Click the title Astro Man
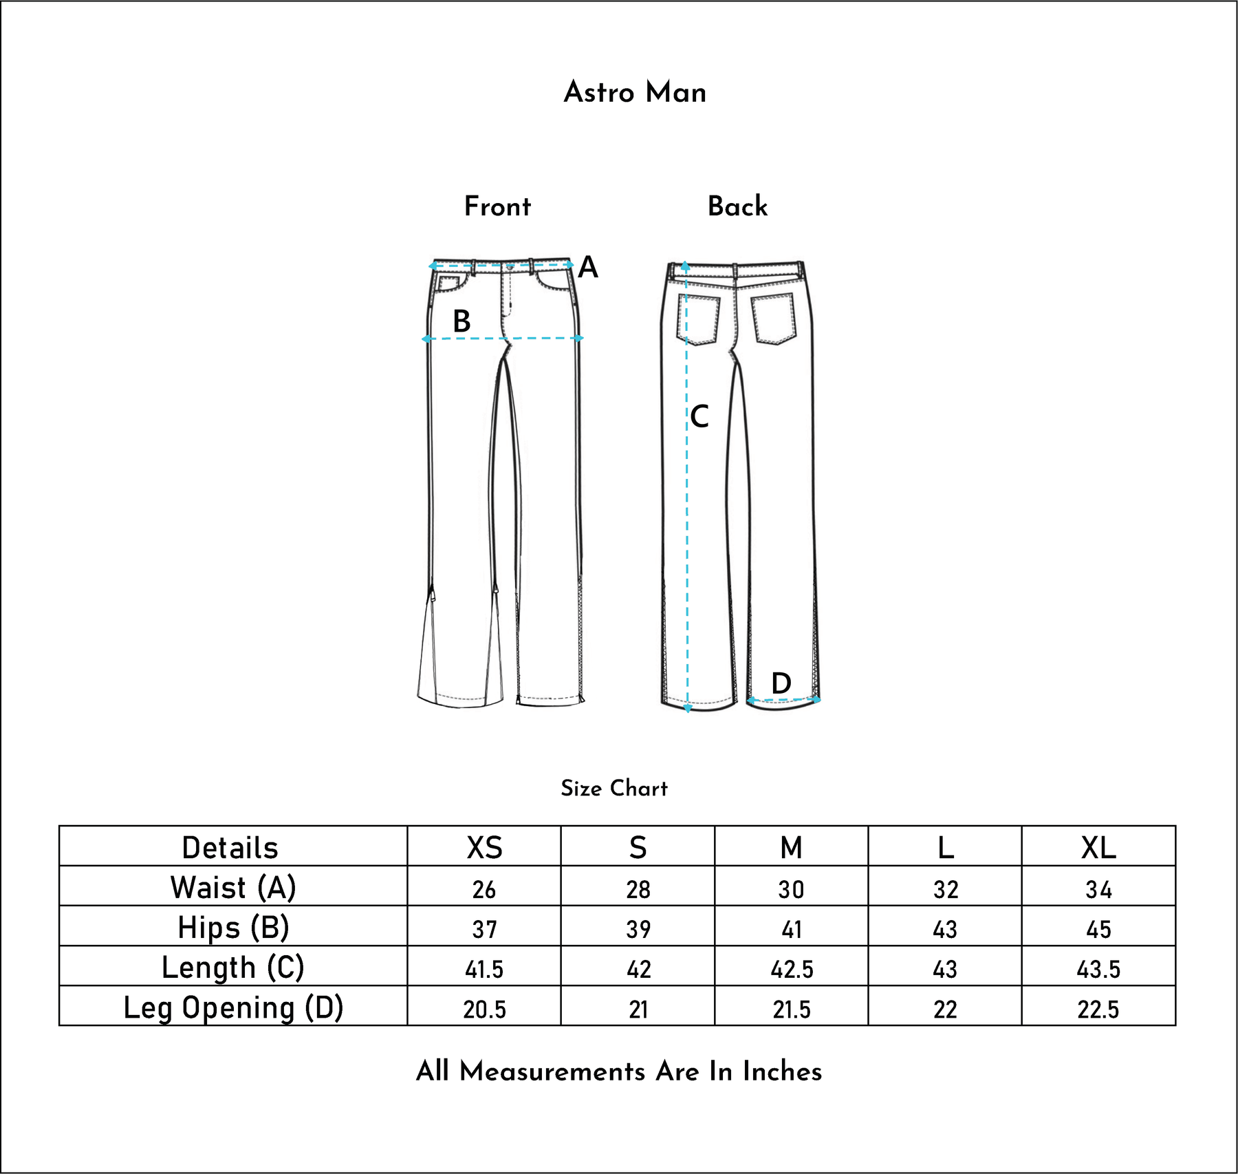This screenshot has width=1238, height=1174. [635, 92]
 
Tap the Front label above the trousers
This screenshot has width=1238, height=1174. [497, 206]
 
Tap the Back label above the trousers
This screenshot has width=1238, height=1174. [737, 206]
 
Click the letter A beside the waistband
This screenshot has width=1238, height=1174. [588, 267]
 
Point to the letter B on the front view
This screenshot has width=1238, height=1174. [461, 321]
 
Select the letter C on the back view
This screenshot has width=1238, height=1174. [699, 417]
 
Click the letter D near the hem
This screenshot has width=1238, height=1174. [781, 683]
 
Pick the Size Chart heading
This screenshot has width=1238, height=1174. [613, 788]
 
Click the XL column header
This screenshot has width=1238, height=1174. [1098, 847]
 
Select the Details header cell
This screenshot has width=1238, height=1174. [230, 847]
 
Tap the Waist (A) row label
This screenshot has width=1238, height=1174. [233, 887]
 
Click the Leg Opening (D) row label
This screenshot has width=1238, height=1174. [233, 1007]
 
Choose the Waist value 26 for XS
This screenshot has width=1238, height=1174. [484, 890]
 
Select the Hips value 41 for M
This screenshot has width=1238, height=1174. [792, 930]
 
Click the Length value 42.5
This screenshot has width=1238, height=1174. [792, 970]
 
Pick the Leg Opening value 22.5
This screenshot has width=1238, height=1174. [1098, 1010]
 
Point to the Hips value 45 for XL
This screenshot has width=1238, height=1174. [1098, 930]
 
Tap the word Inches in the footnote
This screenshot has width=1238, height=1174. [782, 1071]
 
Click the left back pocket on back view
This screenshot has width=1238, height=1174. [699, 319]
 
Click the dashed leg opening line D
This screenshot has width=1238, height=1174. [783, 701]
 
